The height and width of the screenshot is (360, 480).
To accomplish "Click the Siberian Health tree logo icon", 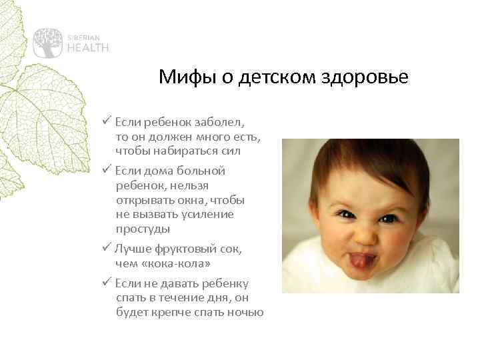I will [48, 42].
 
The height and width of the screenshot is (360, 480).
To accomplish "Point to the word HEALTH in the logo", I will [87, 47].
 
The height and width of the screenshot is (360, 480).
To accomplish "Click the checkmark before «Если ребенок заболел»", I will [107, 123].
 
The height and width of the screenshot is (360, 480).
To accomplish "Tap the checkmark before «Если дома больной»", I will [107, 171].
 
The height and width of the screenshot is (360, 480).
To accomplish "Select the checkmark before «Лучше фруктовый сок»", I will [107, 248].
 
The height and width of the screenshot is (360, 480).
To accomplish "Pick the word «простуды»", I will [143, 229].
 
